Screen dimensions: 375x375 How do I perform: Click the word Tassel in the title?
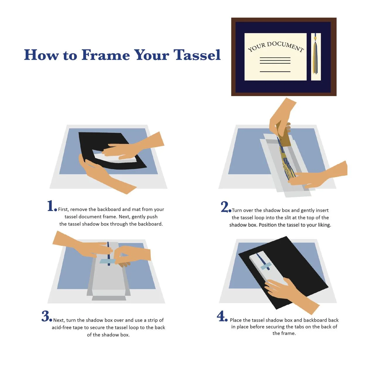pyautogui.click(x=197, y=55)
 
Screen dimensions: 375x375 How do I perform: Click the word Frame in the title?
pyautogui.click(x=106, y=55)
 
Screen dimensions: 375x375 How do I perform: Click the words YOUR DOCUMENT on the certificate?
pyautogui.click(x=276, y=47)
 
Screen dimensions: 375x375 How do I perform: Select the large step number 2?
pyautogui.click(x=224, y=207)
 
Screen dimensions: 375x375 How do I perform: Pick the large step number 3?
pyautogui.click(x=45, y=316)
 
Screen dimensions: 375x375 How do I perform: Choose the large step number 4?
pyautogui.click(x=221, y=316)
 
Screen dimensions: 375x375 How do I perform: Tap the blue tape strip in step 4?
pyautogui.click(x=266, y=266)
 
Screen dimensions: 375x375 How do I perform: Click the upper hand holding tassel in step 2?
pyautogui.click(x=282, y=117)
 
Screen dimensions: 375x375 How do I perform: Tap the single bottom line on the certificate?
pyautogui.click(x=275, y=71)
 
